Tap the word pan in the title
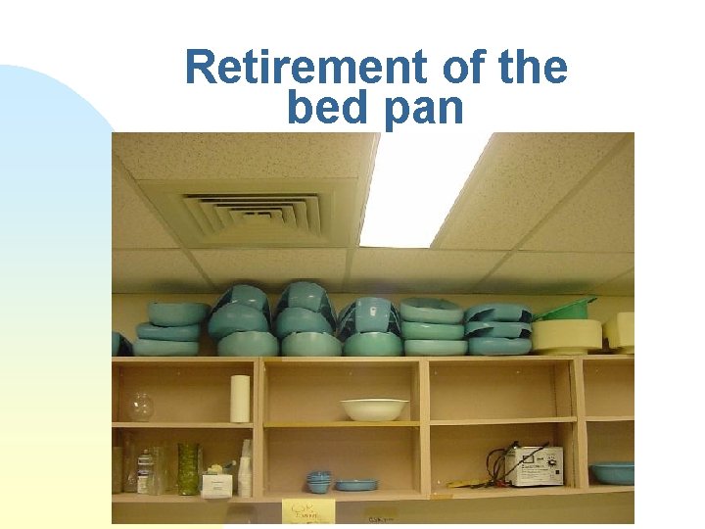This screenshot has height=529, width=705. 422,108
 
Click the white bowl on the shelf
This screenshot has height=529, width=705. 374,409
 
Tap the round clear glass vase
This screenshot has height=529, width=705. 141,406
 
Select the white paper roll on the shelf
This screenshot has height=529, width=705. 240,398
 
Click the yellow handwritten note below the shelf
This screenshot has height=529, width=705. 307,510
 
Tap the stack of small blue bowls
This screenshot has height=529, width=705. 318,481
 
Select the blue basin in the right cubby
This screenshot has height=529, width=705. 611,473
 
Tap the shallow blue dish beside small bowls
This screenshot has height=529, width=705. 355,484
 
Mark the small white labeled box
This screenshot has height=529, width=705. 215,483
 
